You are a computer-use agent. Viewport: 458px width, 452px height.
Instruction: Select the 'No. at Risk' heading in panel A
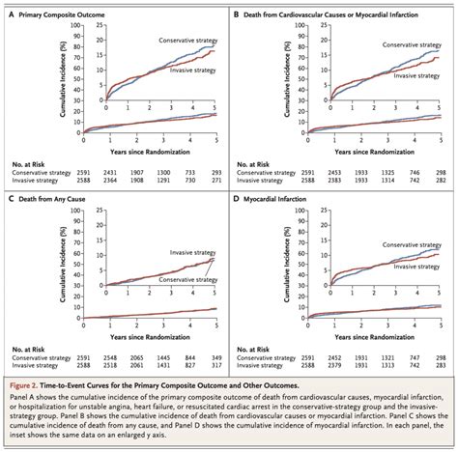[x=26, y=161]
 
